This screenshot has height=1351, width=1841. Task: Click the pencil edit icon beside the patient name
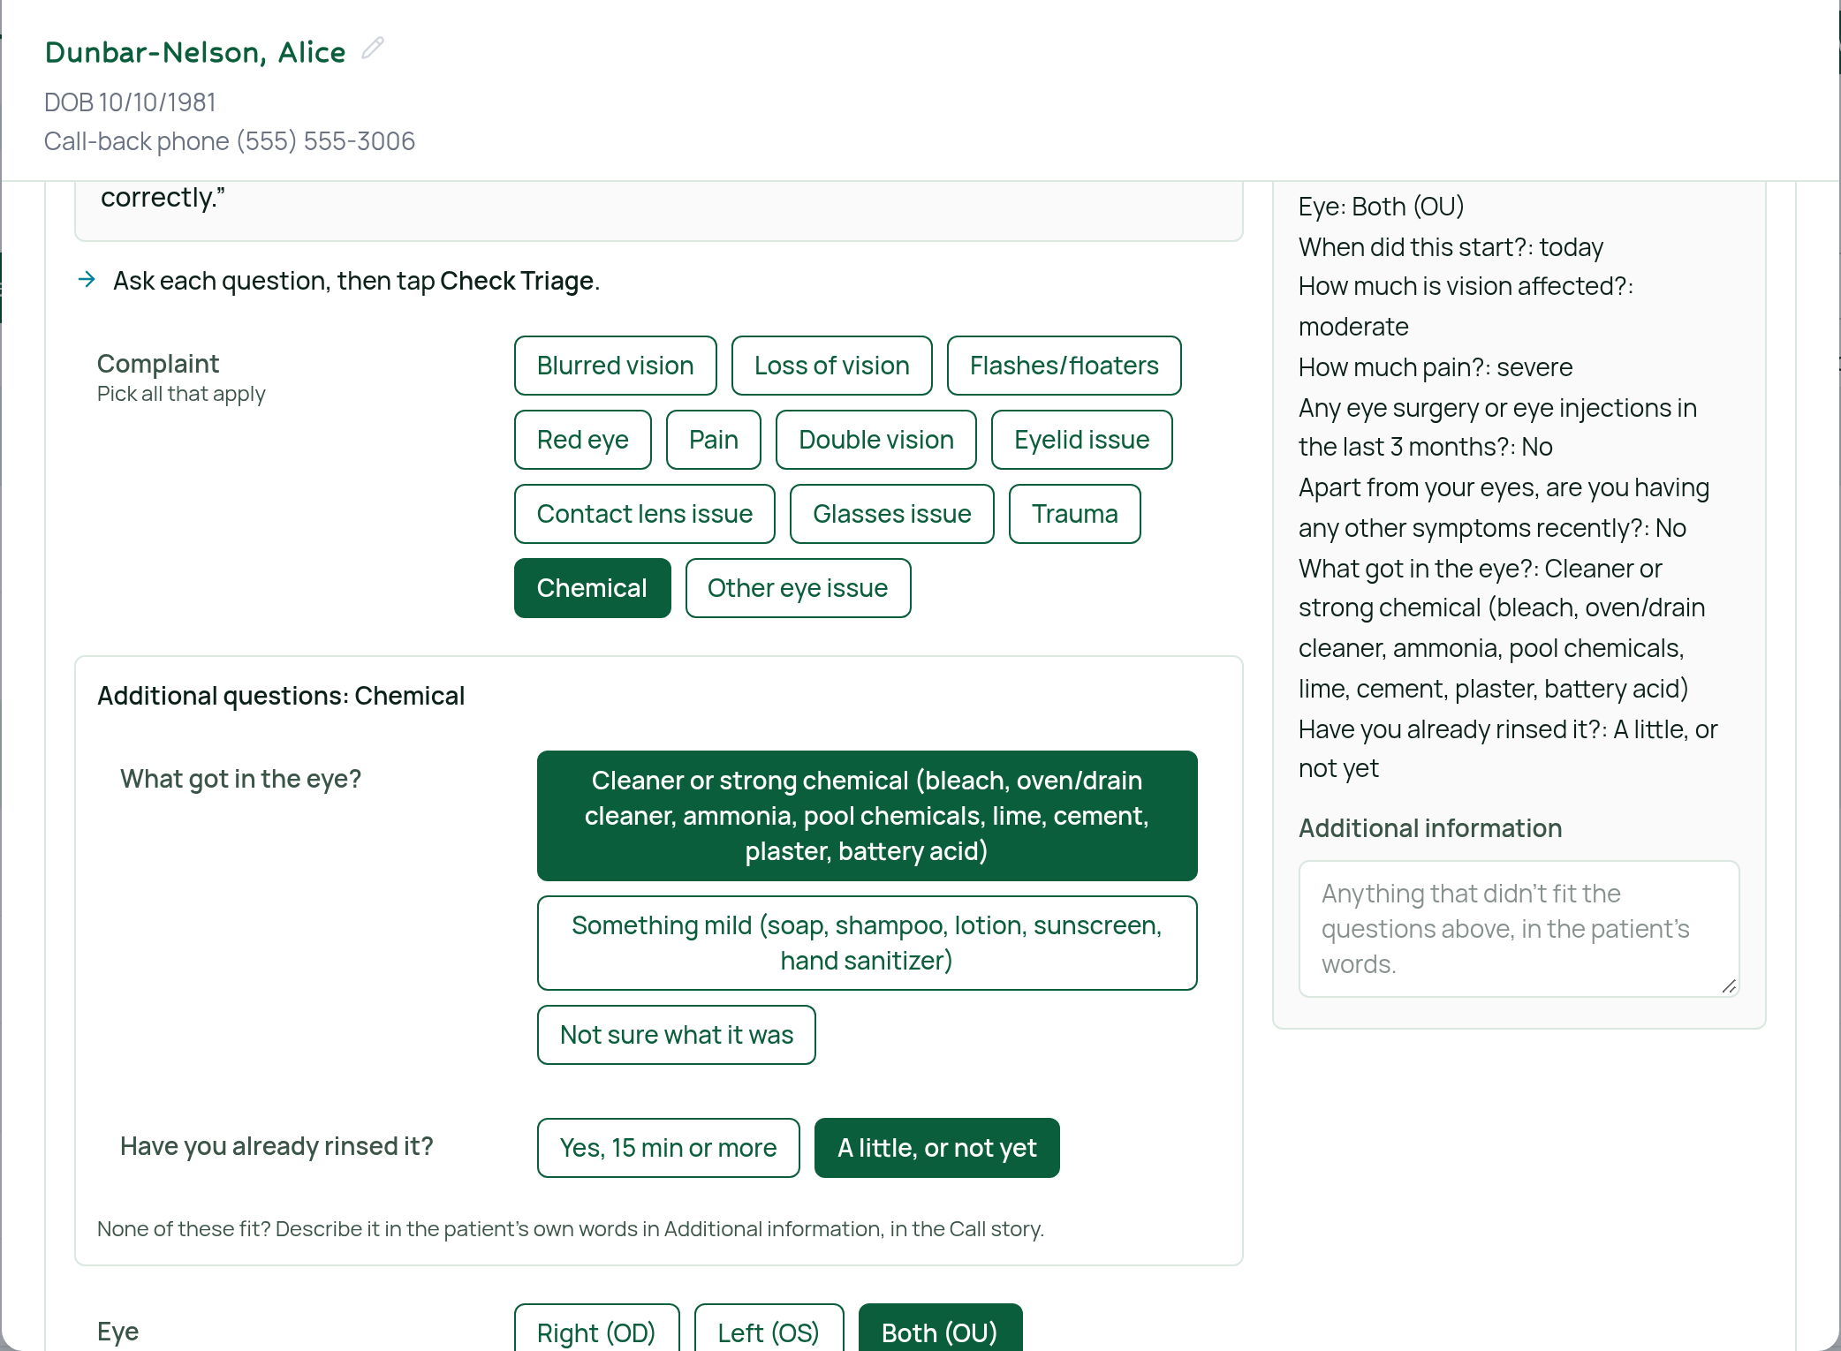pos(373,49)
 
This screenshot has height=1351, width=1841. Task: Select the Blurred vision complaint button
pos(615,366)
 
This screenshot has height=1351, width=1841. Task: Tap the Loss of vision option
pos(831,366)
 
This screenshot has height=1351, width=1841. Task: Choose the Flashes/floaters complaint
pos(1064,366)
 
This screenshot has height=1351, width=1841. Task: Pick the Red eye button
pos(582,440)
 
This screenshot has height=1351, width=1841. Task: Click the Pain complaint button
pos(713,440)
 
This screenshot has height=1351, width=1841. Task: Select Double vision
pos(875,440)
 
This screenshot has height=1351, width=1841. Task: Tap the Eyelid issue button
pos(1081,440)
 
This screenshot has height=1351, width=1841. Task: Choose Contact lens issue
pos(644,514)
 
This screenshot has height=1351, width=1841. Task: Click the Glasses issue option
pos(891,514)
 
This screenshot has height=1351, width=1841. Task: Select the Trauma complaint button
pos(1074,514)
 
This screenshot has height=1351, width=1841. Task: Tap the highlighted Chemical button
pos(592,588)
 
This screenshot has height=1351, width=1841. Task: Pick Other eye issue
pos(798,588)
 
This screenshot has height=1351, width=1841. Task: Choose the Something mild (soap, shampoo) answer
pos(867,943)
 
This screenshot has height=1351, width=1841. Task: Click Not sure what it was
pos(676,1035)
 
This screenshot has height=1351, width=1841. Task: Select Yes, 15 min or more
pos(668,1148)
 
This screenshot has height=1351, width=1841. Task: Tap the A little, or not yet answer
pos(936,1148)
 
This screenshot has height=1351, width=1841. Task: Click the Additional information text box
pos(1519,929)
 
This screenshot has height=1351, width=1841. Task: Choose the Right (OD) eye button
pos(596,1328)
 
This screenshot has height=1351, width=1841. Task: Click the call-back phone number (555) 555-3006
pos(325,141)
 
